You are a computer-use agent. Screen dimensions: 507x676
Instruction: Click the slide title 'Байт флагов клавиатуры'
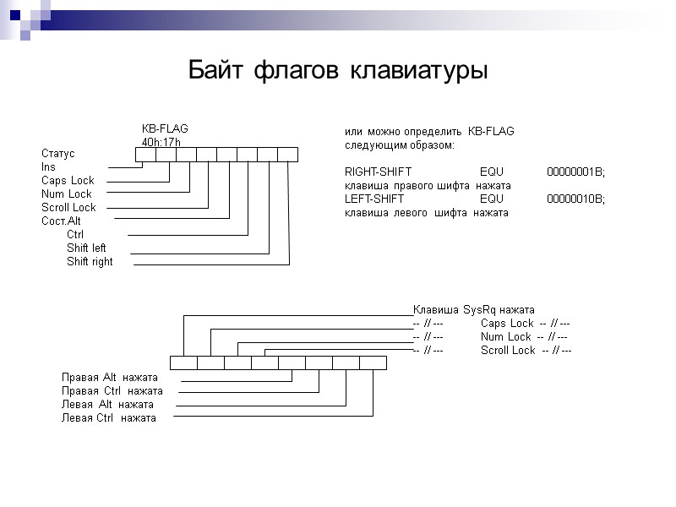(338, 69)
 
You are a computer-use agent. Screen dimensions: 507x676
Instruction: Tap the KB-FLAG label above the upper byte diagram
(165, 128)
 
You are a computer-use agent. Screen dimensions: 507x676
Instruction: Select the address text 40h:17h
(161, 142)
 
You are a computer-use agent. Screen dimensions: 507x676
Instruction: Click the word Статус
(58, 154)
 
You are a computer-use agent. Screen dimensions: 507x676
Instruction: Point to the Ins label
(48, 167)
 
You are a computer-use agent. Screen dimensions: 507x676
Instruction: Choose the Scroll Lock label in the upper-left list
(68, 208)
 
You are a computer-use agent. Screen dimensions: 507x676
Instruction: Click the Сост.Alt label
(61, 221)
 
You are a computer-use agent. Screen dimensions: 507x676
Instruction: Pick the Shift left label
(86, 248)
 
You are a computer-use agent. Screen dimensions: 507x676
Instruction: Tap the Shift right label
(90, 262)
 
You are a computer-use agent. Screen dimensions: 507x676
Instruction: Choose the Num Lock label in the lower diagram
(506, 337)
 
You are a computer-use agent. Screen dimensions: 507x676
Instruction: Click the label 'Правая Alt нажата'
(110, 378)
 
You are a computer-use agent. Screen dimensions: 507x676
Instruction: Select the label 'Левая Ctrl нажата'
(109, 418)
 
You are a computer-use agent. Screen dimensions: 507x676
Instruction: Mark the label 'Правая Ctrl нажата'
(112, 391)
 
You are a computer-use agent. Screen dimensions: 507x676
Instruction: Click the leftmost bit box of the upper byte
(145, 154)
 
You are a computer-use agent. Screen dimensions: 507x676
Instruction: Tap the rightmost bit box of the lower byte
(373, 363)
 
